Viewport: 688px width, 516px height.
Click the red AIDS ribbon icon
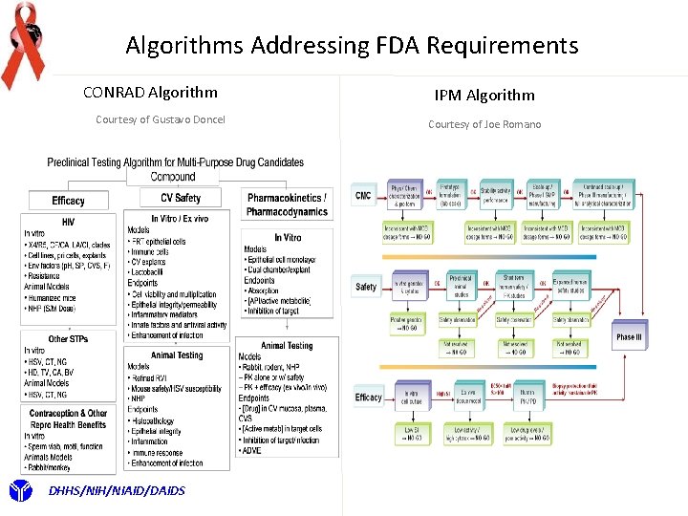[x=23, y=43]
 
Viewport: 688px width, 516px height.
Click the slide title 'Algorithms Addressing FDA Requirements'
[x=352, y=45]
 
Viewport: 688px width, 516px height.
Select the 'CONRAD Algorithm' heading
[x=150, y=93]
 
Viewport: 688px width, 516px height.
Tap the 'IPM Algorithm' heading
[x=484, y=95]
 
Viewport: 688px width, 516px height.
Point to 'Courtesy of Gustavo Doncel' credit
[x=160, y=119]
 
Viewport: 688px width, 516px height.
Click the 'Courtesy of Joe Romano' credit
[x=484, y=124]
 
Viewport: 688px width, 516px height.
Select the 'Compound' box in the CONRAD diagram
[x=173, y=177]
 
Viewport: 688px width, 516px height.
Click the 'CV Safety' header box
[x=181, y=199]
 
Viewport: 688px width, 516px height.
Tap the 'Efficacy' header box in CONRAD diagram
[x=69, y=201]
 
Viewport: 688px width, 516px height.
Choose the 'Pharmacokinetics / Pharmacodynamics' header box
[x=288, y=204]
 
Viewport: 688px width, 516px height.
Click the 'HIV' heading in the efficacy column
[x=69, y=222]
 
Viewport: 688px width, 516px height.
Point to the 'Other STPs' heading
[x=69, y=338]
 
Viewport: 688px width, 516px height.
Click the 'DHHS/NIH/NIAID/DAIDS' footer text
[x=104, y=491]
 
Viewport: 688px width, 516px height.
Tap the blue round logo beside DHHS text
[x=20, y=491]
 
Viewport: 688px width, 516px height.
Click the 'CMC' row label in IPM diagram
[x=363, y=195]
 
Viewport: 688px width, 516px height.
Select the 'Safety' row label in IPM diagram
[x=366, y=287]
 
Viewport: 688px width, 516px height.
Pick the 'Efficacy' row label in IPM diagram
[x=368, y=398]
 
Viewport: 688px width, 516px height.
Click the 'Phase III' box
[x=629, y=337]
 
